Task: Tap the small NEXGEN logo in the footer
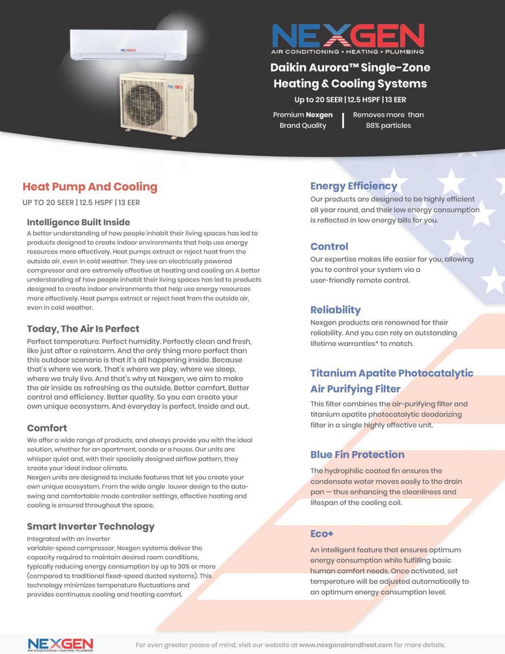click(60, 644)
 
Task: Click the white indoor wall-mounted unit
click(128, 45)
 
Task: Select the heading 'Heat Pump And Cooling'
click(90, 187)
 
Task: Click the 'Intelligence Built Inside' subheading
click(78, 223)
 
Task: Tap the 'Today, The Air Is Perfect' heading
click(83, 329)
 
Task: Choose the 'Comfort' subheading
click(47, 428)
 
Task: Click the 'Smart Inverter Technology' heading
click(91, 527)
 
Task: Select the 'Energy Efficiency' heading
click(353, 186)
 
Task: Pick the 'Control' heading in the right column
click(329, 246)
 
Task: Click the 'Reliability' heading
click(336, 310)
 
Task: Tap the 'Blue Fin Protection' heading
click(357, 455)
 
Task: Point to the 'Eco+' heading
click(322, 534)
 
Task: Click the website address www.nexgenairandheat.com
click(345, 645)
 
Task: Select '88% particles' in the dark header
click(388, 125)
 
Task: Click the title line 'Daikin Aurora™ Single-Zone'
click(350, 68)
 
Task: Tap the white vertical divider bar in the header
click(343, 120)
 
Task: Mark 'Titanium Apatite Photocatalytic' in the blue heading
click(392, 373)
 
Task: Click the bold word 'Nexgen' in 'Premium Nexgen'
click(319, 115)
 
